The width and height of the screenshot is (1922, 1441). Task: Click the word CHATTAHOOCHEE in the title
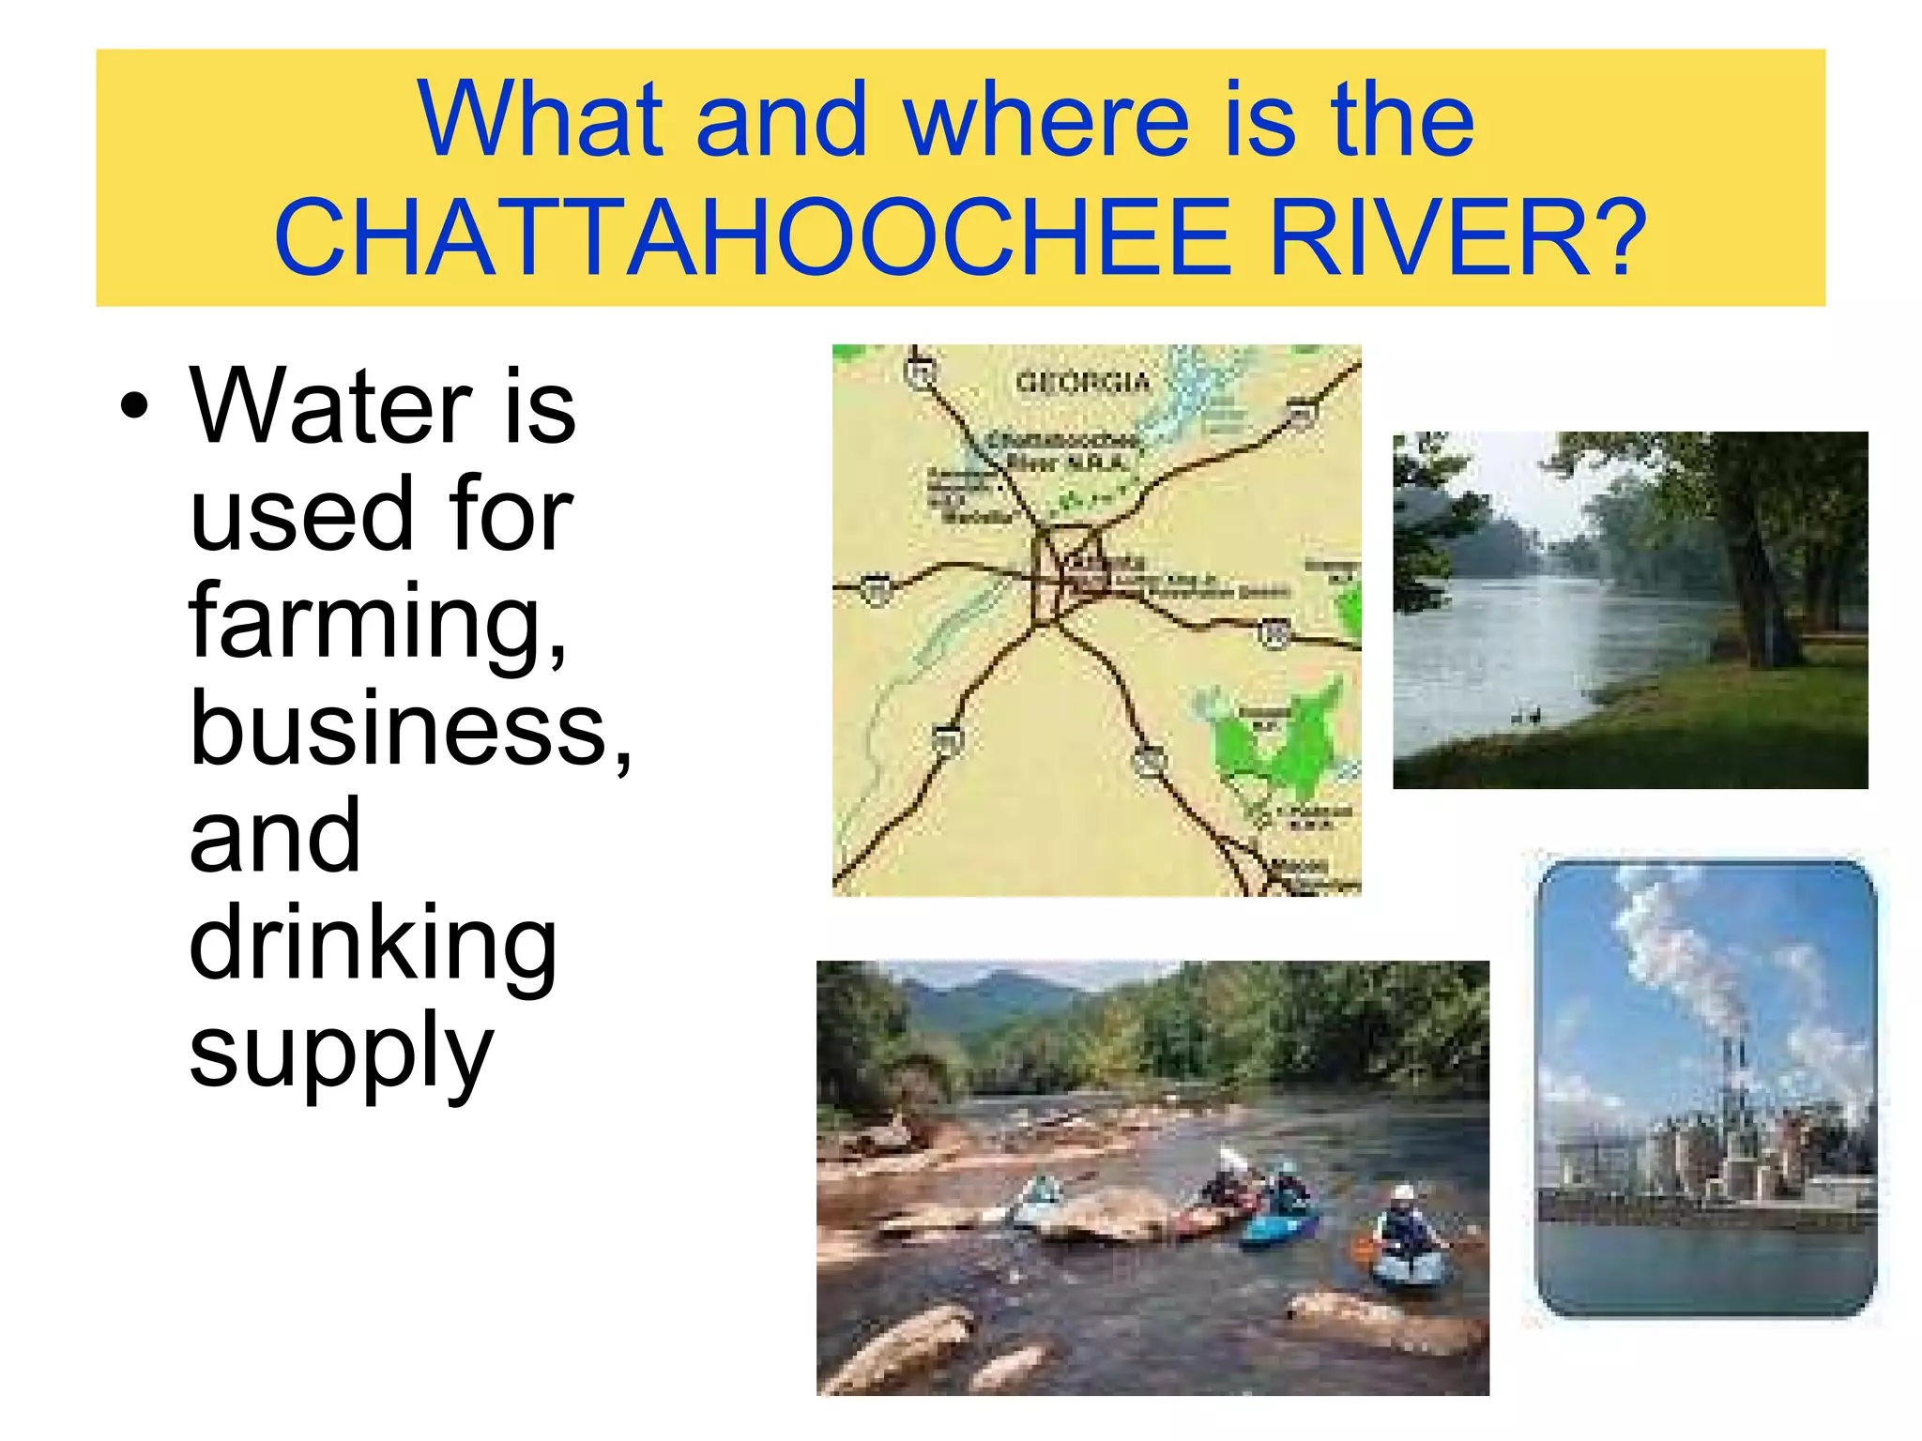point(752,238)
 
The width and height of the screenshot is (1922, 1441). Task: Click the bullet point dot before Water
point(135,405)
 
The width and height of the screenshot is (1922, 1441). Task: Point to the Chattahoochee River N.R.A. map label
point(1065,451)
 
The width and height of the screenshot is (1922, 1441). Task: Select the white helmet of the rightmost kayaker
point(1403,1193)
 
